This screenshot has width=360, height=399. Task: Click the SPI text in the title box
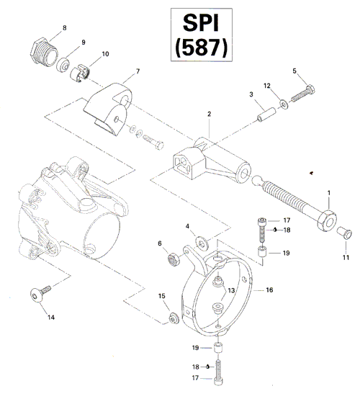(201, 23)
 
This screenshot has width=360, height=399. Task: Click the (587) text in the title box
(201, 47)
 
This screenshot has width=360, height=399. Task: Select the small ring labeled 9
(63, 65)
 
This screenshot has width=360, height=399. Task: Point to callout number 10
(105, 54)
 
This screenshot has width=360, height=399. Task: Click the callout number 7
(138, 71)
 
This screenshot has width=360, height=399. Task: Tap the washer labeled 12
(284, 104)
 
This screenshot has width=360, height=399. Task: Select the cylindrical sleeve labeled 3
(266, 115)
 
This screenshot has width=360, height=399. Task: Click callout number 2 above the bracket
(209, 114)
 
